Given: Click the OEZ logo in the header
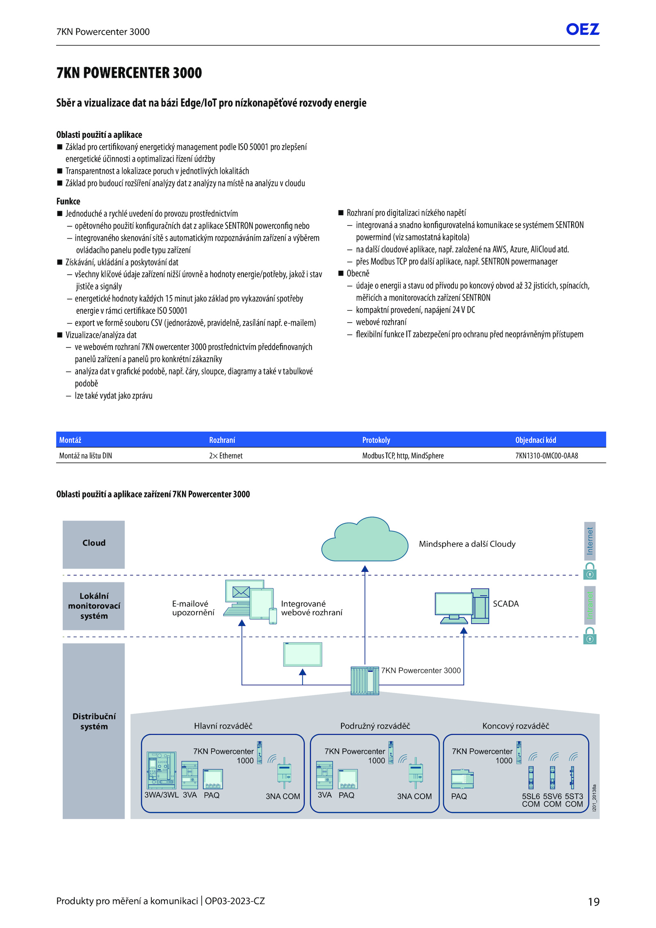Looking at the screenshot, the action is (583, 29).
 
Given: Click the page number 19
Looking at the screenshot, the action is (594, 902).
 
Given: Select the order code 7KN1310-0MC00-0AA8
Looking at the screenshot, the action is (547, 456).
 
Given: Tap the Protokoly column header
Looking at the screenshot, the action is (376, 440).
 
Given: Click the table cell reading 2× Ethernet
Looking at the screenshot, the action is (226, 456).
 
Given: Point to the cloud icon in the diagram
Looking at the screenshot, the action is (364, 539).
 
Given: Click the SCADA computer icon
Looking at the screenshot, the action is (462, 606).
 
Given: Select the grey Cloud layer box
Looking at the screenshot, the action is (93, 545).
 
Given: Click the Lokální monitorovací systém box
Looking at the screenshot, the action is (93, 606).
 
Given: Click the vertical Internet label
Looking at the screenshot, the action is (590, 541).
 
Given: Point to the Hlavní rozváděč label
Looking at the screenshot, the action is (223, 726).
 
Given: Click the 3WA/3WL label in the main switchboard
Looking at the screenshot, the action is (162, 795).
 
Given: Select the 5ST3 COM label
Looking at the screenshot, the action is (574, 800).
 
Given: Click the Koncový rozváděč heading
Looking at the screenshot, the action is (516, 726).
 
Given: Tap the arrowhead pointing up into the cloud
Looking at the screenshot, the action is (365, 569).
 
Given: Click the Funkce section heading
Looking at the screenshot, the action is (68, 201).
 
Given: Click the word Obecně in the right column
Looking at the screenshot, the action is (358, 274).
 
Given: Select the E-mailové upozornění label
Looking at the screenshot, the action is (193, 608).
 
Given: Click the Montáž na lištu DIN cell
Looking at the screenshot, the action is (85, 456).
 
